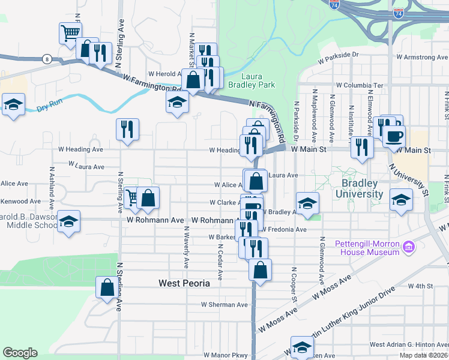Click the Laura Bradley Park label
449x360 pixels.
pyautogui.click(x=258, y=80)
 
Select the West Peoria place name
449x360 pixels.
pyautogui.click(x=184, y=283)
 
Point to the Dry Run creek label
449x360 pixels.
pyautogui.click(x=49, y=109)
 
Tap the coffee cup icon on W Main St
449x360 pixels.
pyautogui.click(x=394, y=136)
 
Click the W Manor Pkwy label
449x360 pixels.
pyautogui.click(x=225, y=355)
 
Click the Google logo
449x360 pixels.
pyautogui.click(x=20, y=353)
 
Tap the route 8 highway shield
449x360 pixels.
pyautogui.click(x=46, y=59)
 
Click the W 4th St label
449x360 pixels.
pyautogui.click(x=420, y=286)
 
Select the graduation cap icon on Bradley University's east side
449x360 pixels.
pyautogui.click(x=401, y=199)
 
